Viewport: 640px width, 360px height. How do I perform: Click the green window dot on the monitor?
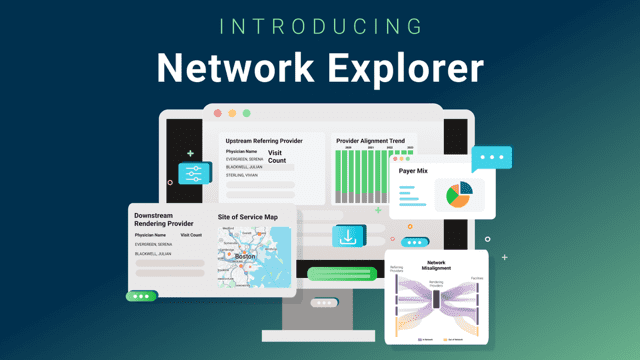pos(246,114)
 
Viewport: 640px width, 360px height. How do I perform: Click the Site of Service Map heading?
pos(248,217)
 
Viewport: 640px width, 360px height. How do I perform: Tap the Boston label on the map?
pos(246,256)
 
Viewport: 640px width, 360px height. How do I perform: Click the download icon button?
pos(348,237)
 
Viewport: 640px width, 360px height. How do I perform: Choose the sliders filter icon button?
pos(194,173)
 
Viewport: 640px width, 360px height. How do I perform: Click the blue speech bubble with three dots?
pos(491,158)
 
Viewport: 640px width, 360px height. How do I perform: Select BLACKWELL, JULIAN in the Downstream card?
pos(155,254)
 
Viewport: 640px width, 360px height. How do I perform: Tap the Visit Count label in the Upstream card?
pos(277,156)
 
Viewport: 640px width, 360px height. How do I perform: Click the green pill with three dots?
pos(141,296)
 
